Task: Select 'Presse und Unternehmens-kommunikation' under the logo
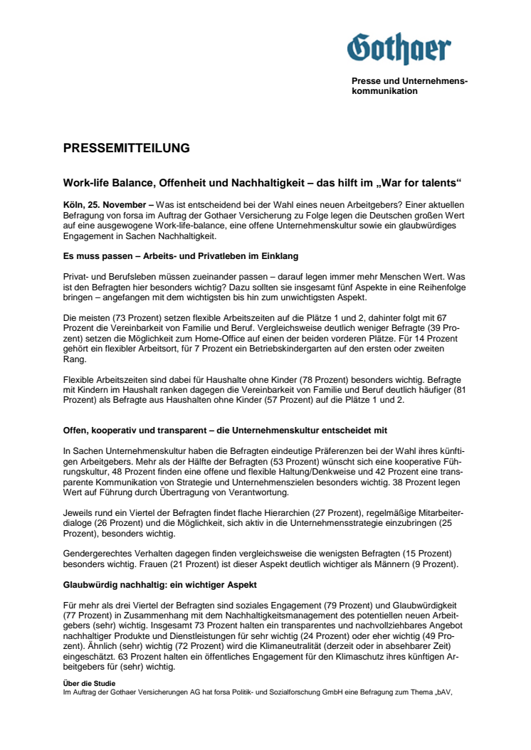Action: click(x=409, y=86)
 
